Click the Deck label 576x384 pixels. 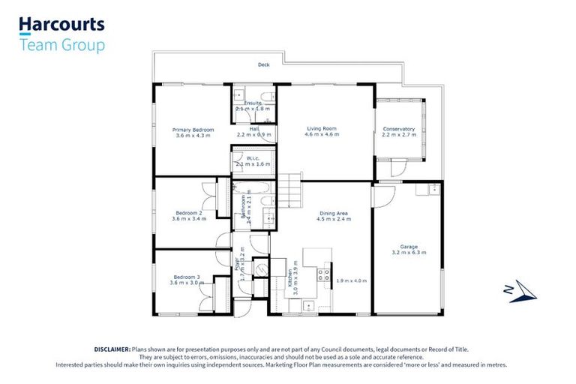click(263, 65)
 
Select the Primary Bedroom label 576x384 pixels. click(193, 129)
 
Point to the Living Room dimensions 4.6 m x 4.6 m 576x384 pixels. click(320, 135)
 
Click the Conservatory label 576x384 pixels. click(398, 129)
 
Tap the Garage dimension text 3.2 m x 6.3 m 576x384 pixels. click(409, 253)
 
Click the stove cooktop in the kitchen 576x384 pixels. click(325, 274)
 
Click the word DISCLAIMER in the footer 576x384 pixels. click(112, 349)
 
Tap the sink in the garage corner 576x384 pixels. click(432, 188)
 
